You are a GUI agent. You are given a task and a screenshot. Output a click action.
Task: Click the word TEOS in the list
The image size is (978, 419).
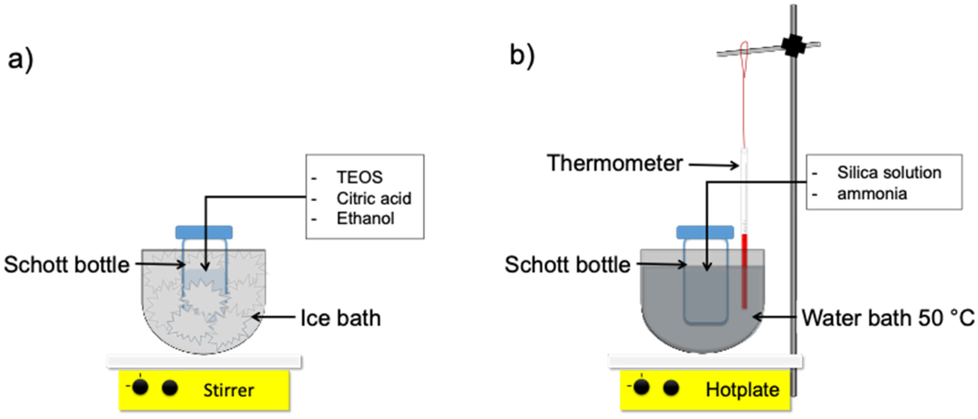359,177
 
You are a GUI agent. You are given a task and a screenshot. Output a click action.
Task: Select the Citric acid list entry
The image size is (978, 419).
374,198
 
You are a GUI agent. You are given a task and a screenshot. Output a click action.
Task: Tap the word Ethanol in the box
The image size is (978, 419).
365,219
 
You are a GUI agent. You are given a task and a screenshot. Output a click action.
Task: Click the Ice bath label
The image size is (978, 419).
341,318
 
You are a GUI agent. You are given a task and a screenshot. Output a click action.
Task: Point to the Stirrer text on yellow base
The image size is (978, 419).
228,390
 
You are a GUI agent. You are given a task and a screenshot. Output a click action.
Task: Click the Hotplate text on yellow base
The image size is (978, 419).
742,390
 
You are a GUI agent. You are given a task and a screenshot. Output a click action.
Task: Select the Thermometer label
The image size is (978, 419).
615,163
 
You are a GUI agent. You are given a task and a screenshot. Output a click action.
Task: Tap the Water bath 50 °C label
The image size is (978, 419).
888,318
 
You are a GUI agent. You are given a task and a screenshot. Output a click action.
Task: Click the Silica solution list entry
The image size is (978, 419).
889,173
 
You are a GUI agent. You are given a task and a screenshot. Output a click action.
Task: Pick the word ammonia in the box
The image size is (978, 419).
872,194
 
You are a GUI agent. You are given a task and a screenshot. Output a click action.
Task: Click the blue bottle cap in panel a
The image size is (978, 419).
204,232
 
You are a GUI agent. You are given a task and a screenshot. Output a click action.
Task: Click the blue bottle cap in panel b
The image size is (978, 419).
705,232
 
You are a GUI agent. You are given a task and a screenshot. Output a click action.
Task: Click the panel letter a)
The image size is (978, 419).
21,60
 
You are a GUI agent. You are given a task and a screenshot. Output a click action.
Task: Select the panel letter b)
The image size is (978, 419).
522,56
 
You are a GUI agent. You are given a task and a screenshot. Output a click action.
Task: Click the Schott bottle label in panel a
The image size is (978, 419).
67,265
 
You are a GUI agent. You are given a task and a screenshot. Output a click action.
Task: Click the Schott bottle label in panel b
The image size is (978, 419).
568,265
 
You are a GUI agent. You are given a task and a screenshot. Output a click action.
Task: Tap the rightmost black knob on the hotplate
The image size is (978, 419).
671,388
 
